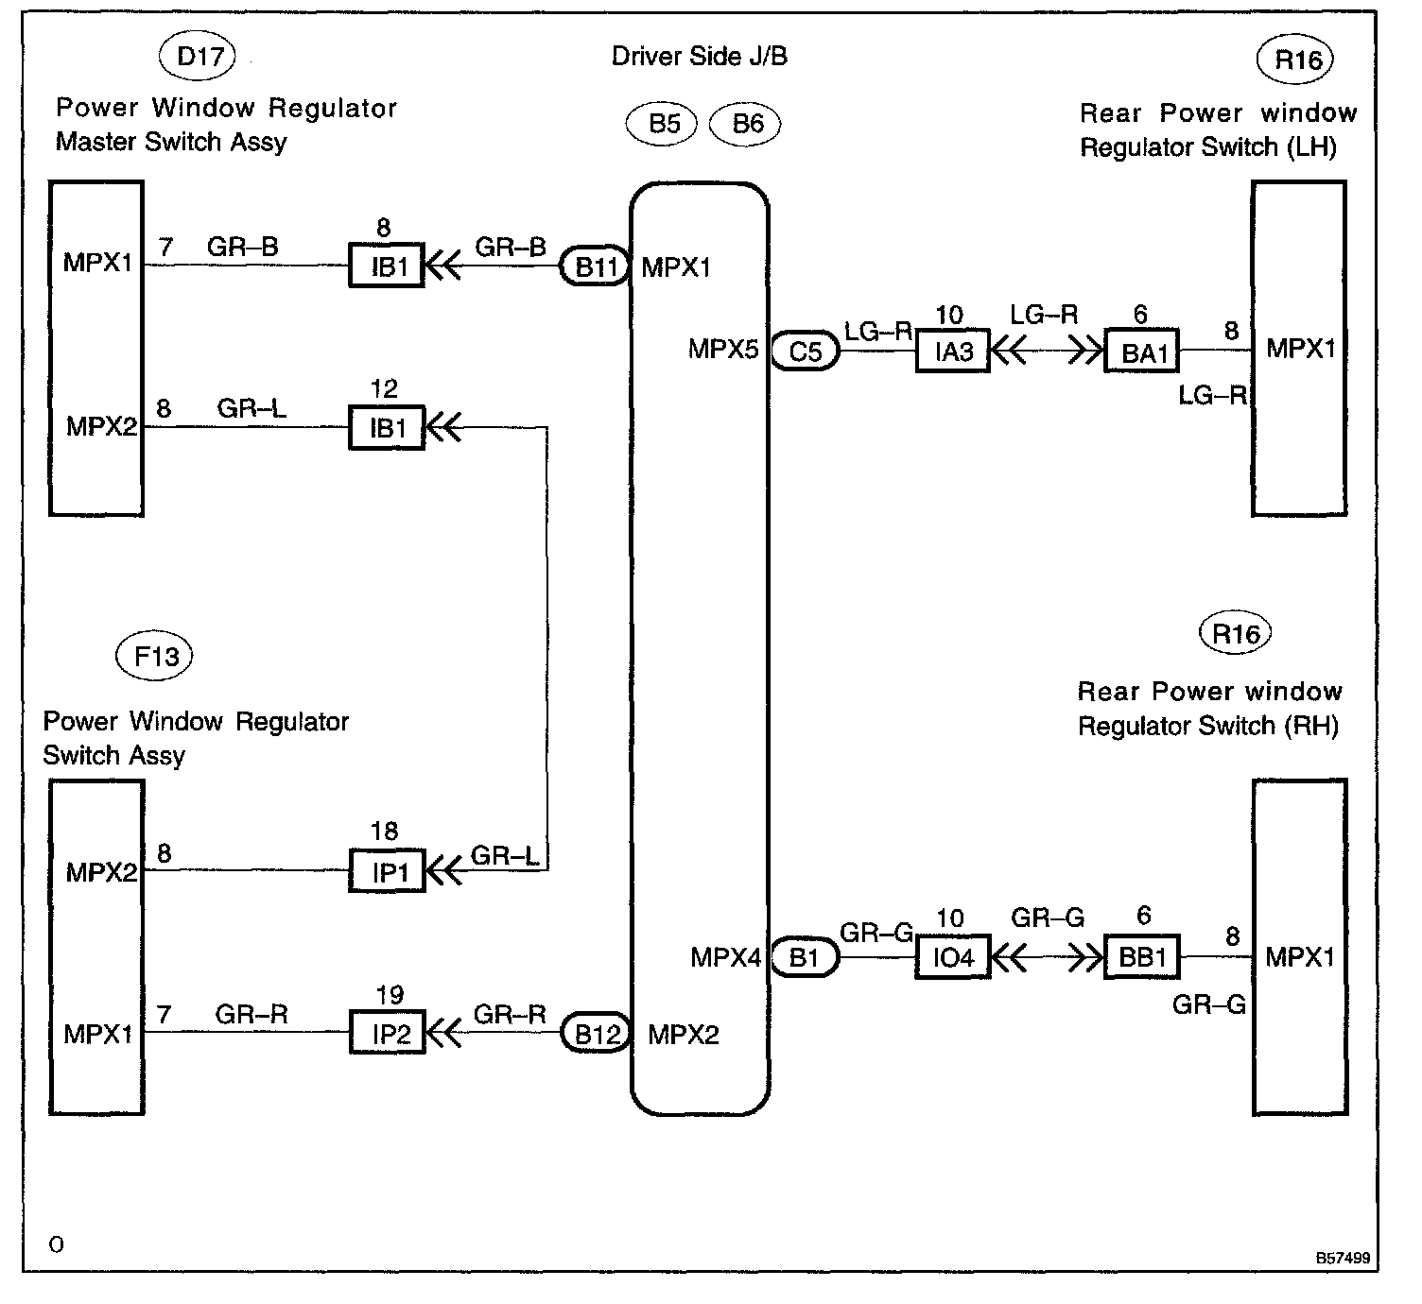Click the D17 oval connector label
197,56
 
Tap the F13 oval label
154,656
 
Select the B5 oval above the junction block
662,124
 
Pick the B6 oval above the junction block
745,124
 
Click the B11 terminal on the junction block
595,266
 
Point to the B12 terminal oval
596,1033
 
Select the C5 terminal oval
805,351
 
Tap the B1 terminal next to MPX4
805,956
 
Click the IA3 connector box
953,351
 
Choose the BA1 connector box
1142,351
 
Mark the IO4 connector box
953,956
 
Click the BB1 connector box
1142,956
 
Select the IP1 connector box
387,870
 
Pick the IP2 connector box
387,1032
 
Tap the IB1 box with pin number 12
387,427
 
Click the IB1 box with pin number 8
387,265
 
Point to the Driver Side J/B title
699,56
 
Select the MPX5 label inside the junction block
723,349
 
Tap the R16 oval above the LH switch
1295,60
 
